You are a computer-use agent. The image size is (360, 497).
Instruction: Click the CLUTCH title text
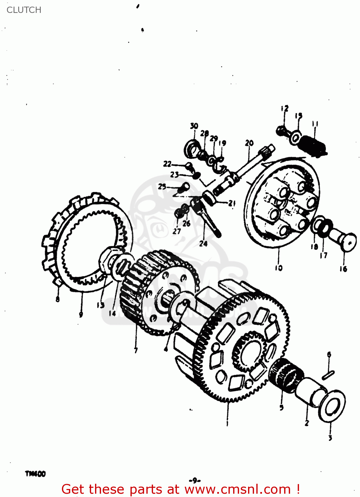[24, 10]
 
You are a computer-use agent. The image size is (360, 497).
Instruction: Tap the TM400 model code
[35, 474]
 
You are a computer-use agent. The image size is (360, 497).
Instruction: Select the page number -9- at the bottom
[195, 480]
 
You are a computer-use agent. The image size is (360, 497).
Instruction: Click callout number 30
[194, 126]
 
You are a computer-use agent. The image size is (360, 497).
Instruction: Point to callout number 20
[249, 143]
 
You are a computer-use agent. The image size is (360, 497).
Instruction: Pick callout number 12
[284, 108]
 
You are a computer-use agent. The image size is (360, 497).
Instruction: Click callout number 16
[343, 269]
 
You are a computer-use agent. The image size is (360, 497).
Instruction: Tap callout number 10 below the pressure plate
[279, 268]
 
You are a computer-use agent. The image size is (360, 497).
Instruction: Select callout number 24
[203, 244]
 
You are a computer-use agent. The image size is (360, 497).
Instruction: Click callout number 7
[136, 350]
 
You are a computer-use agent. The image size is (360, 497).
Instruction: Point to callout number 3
[330, 438]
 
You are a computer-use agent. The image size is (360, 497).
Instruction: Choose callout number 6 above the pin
[329, 355]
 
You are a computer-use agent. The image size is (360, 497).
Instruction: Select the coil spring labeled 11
[313, 146]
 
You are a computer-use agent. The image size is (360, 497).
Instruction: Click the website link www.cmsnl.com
[237, 489]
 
